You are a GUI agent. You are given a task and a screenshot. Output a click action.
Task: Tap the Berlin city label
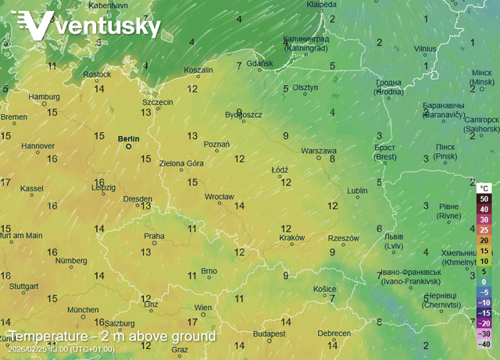pyautogui.click(x=128, y=139)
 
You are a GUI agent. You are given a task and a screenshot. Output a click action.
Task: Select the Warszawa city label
pyautogui.click(x=319, y=151)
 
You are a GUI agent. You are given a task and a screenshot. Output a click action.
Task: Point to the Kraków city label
pyautogui.click(x=291, y=237)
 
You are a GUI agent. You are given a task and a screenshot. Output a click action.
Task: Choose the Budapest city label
pyautogui.click(x=271, y=333)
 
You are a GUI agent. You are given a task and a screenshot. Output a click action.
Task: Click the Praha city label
pyautogui.click(x=154, y=236)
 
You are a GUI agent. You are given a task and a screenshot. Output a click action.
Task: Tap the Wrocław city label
pyautogui.click(x=220, y=197)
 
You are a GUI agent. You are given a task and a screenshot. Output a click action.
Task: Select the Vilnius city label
pyautogui.click(x=425, y=48)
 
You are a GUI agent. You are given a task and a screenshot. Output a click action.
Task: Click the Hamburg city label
pyautogui.click(x=44, y=97)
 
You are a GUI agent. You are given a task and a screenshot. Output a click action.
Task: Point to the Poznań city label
pyautogui.click(x=216, y=144)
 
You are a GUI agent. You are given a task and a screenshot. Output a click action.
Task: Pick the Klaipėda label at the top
pyautogui.click(x=321, y=5)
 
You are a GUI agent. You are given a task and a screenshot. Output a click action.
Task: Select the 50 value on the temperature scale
pyautogui.click(x=484, y=199)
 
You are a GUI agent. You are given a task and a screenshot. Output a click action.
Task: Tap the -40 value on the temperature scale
pyautogui.click(x=484, y=344)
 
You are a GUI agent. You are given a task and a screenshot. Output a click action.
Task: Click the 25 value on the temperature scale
pyautogui.click(x=484, y=230)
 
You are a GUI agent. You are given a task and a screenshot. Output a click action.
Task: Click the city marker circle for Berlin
pyautogui.click(x=129, y=146)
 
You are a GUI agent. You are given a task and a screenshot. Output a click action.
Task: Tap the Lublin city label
pyautogui.click(x=357, y=190)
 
